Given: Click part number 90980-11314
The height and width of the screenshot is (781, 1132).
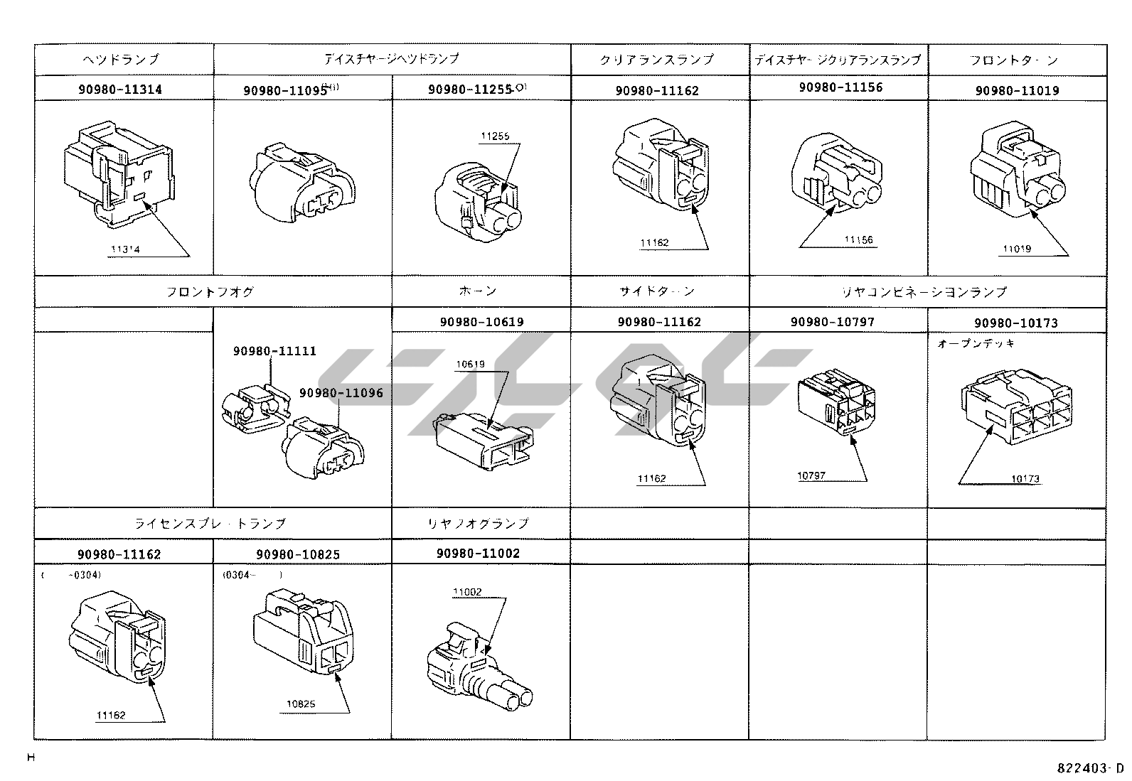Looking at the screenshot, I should [x=119, y=90].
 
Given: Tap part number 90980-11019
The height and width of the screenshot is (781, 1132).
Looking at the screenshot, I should [x=1017, y=91].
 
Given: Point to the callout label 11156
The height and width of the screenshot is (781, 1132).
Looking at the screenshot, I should [x=859, y=240].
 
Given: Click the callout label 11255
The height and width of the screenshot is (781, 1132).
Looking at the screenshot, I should [x=495, y=136].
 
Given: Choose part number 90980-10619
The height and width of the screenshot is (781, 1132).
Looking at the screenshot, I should [x=481, y=322].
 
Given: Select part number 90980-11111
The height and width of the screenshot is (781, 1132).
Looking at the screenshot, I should [x=274, y=351].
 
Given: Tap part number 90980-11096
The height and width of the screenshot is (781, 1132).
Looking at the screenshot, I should [x=341, y=393].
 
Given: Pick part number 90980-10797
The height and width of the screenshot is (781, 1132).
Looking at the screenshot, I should [x=832, y=322].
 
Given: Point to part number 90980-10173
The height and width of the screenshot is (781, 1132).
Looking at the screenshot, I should [x=1016, y=323].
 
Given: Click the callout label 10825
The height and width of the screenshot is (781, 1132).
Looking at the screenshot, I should [x=301, y=704].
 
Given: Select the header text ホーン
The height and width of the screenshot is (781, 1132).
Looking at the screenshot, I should [x=478, y=291].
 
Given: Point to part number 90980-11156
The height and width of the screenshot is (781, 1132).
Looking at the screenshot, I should [x=840, y=87].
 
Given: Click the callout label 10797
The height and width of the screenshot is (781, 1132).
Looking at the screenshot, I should [x=811, y=475].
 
